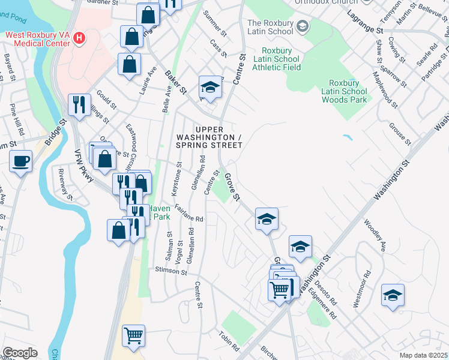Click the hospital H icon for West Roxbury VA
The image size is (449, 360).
(79, 40)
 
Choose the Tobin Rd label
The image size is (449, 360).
(229, 341)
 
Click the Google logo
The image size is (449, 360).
(20, 353)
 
